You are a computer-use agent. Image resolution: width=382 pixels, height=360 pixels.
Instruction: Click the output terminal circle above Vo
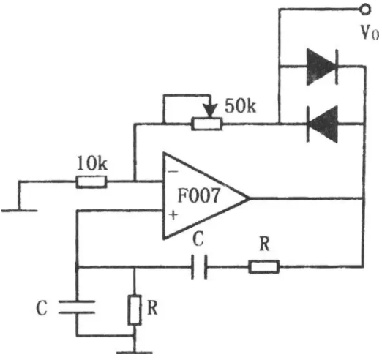[365, 10]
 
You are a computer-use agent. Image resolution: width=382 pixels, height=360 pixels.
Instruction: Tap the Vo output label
[370, 32]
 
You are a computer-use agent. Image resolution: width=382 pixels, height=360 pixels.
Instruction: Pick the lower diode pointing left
[323, 124]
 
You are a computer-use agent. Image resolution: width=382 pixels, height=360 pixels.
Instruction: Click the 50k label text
[240, 106]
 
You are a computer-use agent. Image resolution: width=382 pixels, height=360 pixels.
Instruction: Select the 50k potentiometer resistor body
[207, 124]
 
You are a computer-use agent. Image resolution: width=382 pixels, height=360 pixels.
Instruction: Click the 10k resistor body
[91, 181]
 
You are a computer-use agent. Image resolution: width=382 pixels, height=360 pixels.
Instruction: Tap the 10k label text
[91, 163]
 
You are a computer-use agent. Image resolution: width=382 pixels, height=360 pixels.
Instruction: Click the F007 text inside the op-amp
[198, 195]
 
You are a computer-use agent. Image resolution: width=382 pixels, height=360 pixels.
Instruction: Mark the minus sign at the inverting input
[173, 172]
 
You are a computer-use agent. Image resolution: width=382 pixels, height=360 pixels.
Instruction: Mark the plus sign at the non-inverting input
[173, 215]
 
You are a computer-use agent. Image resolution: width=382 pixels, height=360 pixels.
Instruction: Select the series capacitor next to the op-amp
[199, 267]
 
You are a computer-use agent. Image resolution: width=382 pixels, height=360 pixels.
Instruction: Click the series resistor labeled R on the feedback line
[264, 266]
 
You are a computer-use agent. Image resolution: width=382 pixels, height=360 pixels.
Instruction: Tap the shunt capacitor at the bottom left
[77, 307]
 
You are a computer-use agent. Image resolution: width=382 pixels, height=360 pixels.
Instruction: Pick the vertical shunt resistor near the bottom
[135, 310]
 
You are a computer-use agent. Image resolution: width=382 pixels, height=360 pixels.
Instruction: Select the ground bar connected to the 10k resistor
[19, 211]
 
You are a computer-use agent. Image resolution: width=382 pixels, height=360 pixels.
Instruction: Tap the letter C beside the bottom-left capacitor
[42, 308]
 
